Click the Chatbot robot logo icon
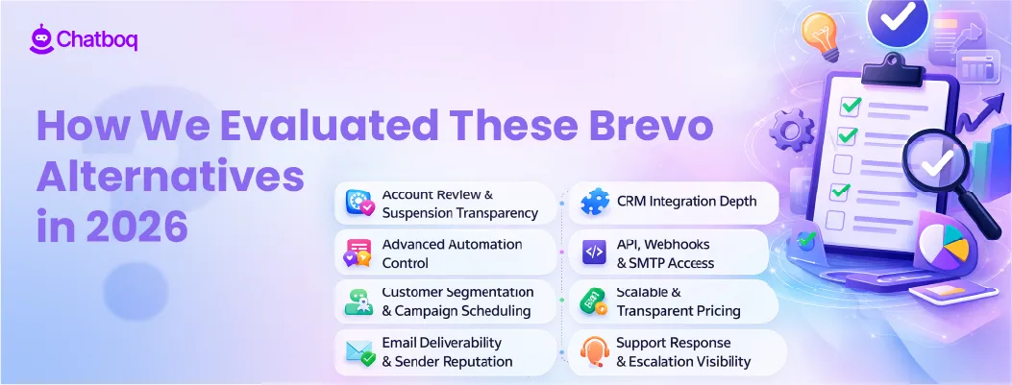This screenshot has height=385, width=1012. click(x=41, y=39)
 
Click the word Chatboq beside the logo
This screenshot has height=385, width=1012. click(x=98, y=40)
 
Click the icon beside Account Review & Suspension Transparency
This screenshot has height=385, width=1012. click(x=359, y=203)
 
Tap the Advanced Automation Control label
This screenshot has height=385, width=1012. click(x=452, y=253)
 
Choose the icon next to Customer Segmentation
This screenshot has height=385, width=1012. click(x=359, y=302)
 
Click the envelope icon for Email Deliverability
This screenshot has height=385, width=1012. click(x=359, y=352)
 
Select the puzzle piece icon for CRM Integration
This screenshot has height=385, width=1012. click(x=594, y=203)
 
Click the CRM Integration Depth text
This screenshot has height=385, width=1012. click(x=686, y=202)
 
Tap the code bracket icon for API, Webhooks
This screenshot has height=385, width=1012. click(x=594, y=253)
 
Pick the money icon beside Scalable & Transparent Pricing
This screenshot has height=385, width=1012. click(x=594, y=302)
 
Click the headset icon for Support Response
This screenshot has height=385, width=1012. click(x=594, y=352)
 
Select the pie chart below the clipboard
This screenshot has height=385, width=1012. click(x=942, y=248)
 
